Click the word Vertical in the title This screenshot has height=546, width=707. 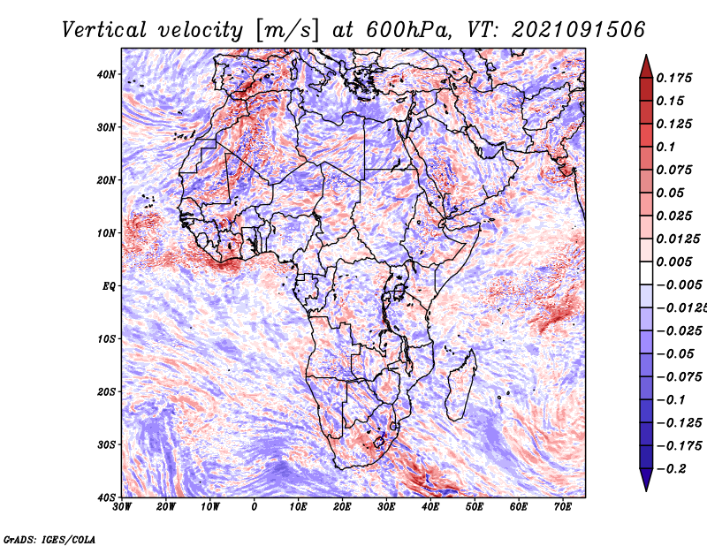104,30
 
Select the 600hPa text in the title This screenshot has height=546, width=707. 408,30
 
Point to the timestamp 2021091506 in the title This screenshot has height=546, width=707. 579,30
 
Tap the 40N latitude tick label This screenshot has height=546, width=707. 106,74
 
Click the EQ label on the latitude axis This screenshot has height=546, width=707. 109,286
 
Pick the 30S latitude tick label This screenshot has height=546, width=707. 106,445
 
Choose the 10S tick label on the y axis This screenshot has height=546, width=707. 106,339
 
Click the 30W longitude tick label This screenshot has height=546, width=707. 122,507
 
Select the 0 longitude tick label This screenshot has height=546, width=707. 255,507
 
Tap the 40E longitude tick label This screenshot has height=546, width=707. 430,507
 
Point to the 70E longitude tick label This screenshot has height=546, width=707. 562,507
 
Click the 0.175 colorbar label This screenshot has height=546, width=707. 674,79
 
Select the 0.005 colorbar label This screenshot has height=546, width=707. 674,262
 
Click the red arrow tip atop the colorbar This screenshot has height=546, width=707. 646,56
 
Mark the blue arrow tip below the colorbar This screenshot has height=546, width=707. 646,490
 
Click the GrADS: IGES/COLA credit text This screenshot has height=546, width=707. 49,540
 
